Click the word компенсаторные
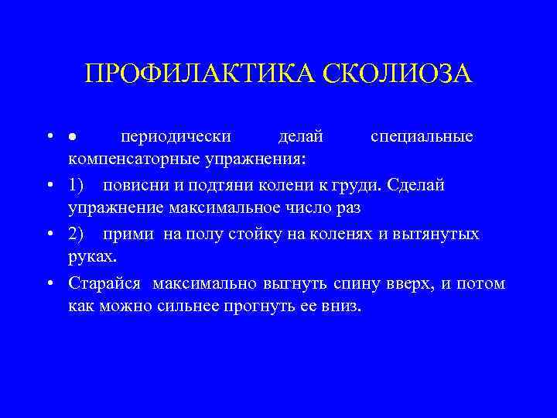click(132, 159)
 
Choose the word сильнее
click(183, 306)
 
